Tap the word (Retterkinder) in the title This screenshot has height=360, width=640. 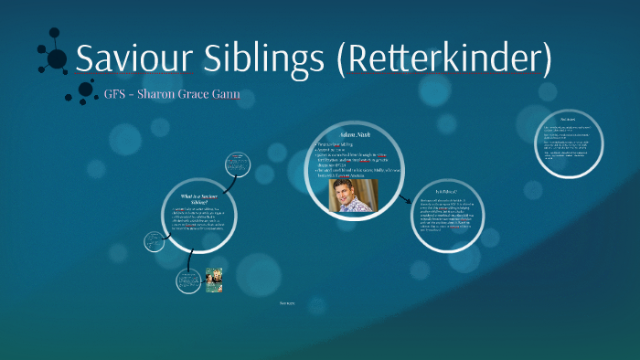[x=443, y=58]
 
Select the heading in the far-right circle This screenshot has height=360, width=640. [x=568, y=120]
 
